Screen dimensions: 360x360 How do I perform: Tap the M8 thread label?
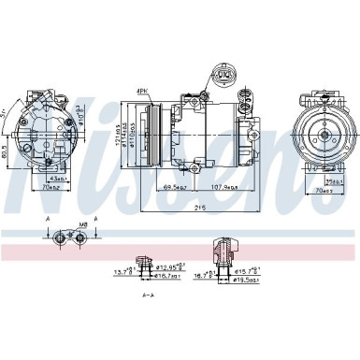83,224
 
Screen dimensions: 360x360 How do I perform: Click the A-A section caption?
149,295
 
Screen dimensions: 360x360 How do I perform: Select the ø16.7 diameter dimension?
167,276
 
